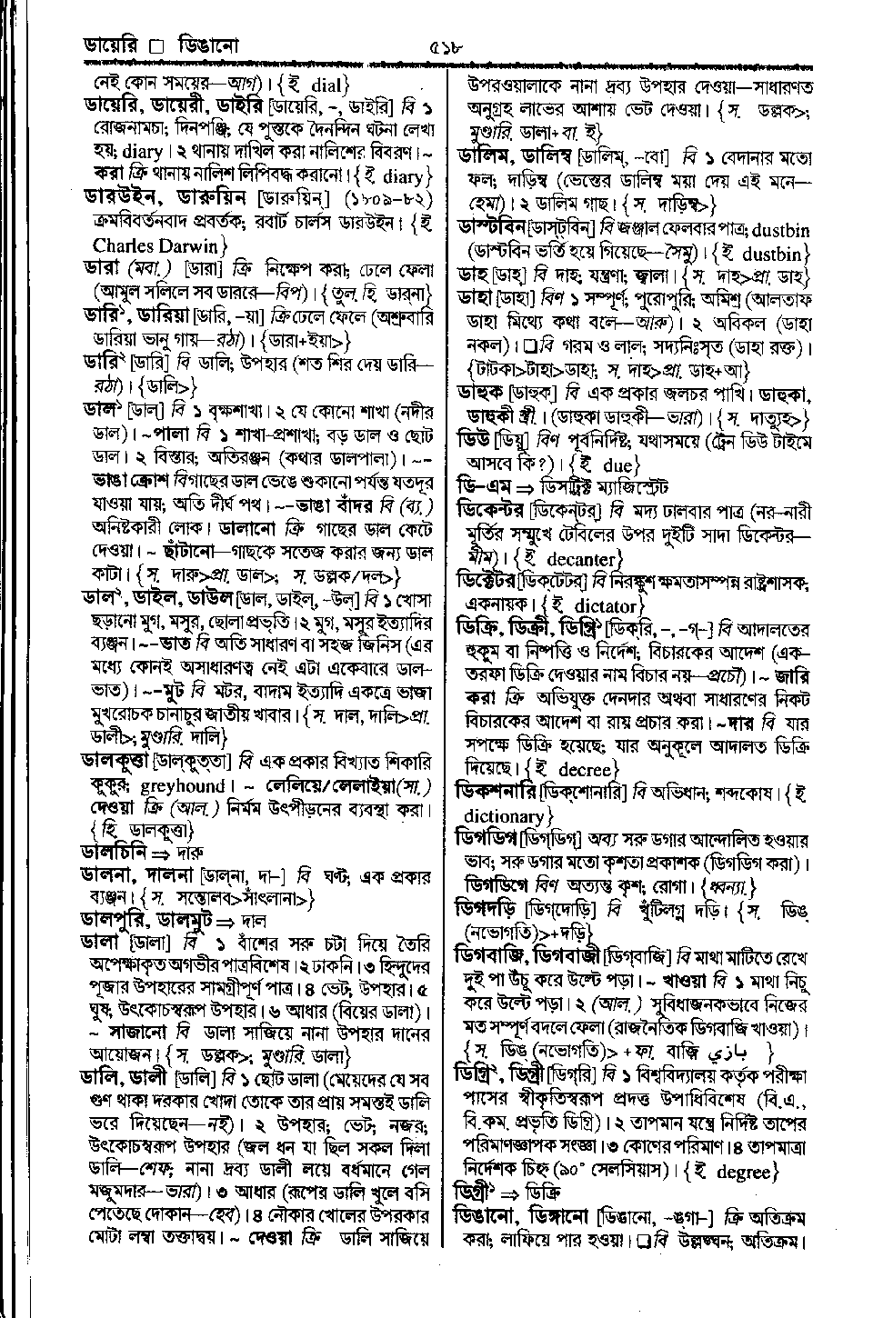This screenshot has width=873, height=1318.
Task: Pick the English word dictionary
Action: coord(504,815)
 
